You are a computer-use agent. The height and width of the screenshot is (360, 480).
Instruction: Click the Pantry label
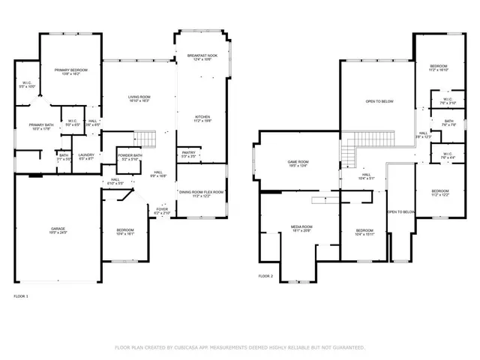188,154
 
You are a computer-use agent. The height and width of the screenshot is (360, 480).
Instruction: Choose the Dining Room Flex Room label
202,193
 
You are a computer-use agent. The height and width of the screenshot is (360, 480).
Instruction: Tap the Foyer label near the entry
163,211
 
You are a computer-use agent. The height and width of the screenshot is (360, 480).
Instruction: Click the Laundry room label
85,156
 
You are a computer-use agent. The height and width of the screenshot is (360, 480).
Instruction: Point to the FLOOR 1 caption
21,298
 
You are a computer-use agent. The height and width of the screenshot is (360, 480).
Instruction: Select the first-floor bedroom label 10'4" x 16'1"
125,231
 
